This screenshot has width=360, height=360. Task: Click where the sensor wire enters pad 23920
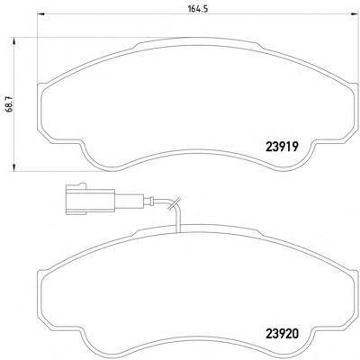tap(180, 229)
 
